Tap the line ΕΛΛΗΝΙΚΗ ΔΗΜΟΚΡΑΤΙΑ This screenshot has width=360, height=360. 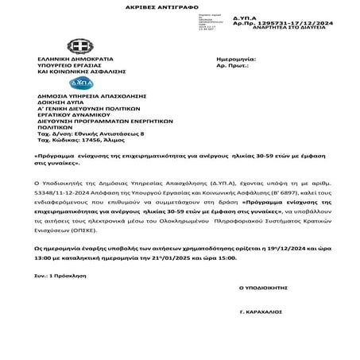(74, 60)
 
